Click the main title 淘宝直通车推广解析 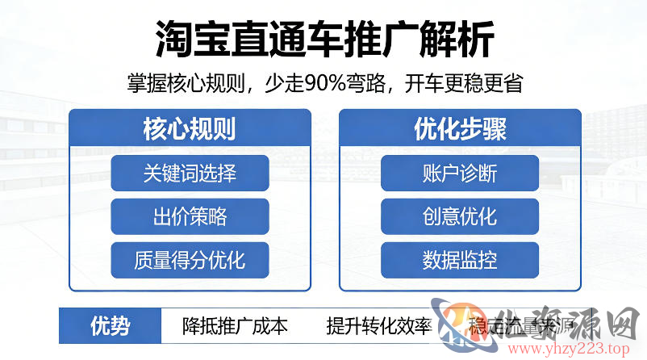point(323,37)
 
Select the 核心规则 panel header point(190,128)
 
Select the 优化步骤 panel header point(460,128)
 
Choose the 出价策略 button point(190,216)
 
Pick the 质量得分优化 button point(190,260)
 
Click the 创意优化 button point(460,216)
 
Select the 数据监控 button point(460,260)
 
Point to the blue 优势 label point(109,326)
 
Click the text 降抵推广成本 point(235,327)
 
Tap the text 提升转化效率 point(378,327)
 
